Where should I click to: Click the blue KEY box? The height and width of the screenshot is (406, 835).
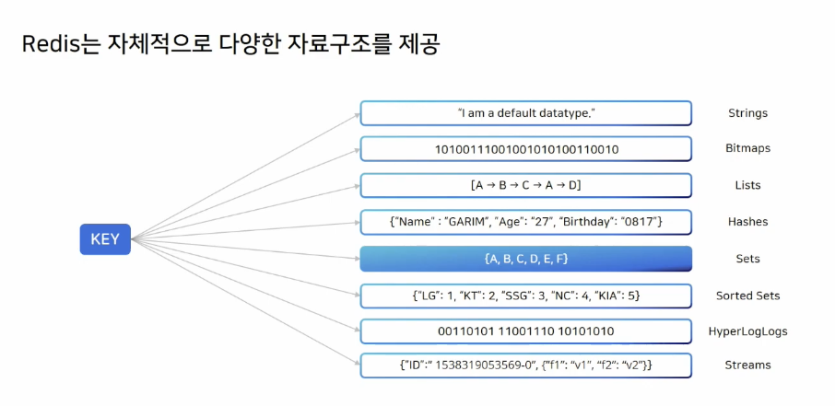[x=104, y=239]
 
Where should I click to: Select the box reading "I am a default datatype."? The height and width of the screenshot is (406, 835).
[x=525, y=113]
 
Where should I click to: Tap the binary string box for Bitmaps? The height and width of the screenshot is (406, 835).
[x=525, y=148]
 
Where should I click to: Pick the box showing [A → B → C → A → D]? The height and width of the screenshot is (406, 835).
[x=525, y=185]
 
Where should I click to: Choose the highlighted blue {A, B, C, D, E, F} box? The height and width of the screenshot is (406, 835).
[x=525, y=259]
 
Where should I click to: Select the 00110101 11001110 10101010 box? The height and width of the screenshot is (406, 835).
[x=525, y=331]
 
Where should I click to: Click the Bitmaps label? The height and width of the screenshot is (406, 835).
[x=747, y=148]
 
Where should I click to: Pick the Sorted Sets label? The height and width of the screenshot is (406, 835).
[x=747, y=296]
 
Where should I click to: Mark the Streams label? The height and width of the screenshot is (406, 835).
[x=747, y=365]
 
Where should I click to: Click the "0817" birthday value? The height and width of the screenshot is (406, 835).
[x=642, y=222]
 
